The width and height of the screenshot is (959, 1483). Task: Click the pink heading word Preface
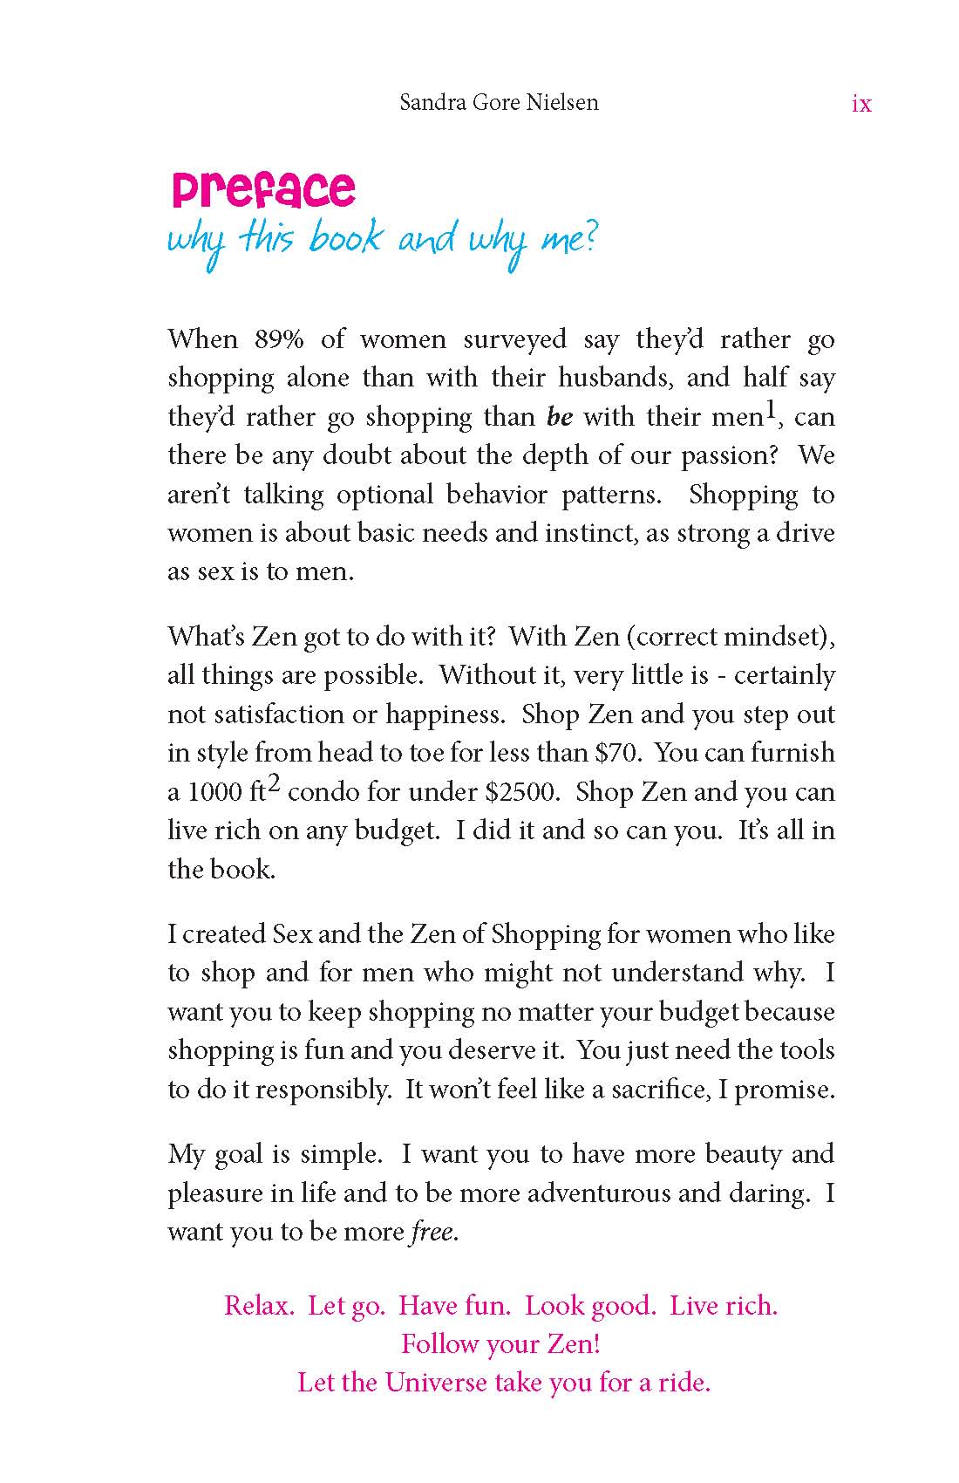263,189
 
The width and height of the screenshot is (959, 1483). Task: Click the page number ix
860,104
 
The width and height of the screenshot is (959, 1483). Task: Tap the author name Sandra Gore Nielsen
499,103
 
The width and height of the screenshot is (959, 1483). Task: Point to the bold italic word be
560,417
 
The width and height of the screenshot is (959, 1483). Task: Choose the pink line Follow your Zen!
500,1343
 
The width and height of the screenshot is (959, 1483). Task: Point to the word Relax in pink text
258,1306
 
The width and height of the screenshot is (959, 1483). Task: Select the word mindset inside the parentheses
778,637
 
